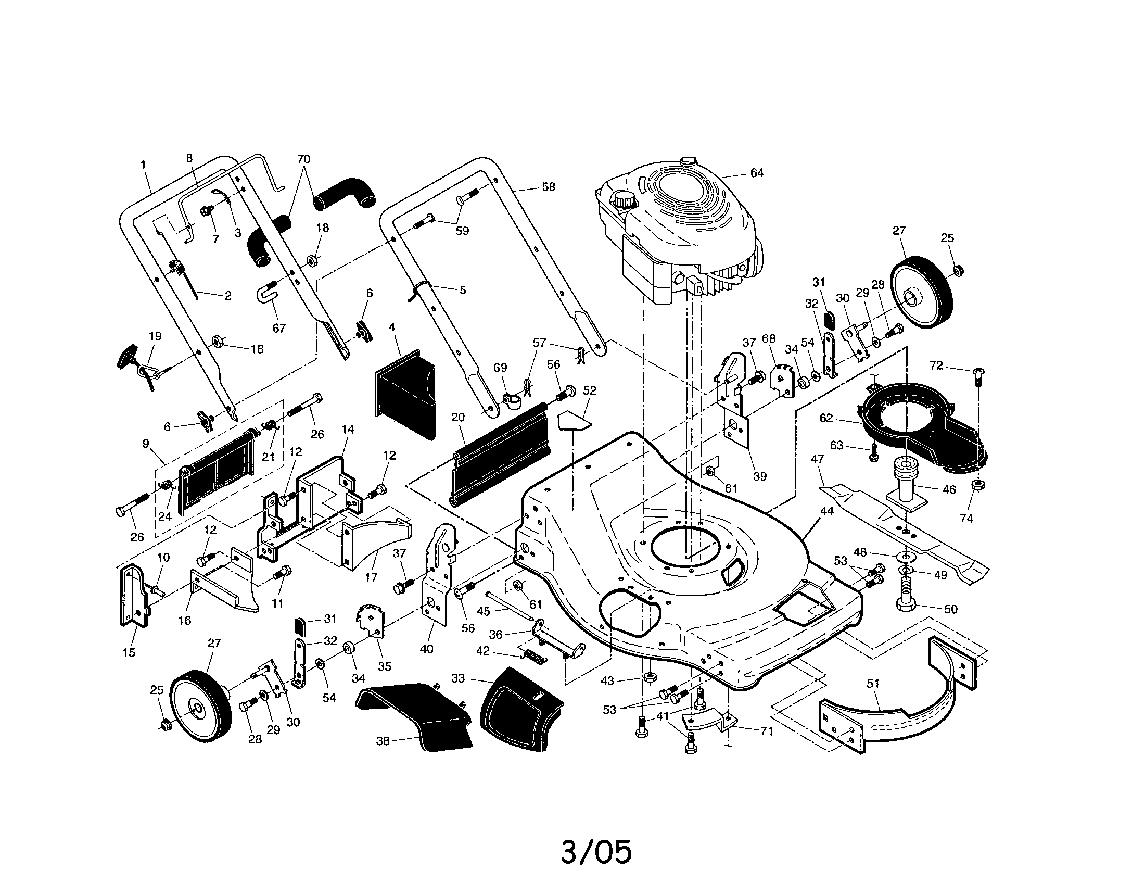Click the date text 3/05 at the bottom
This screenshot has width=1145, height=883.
(x=596, y=852)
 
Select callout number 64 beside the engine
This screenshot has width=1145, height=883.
(x=757, y=173)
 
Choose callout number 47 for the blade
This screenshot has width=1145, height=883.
(x=817, y=459)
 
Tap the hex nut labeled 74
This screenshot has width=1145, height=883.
(x=977, y=485)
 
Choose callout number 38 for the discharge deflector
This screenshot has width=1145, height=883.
(x=383, y=741)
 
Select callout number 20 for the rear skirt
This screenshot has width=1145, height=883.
(x=457, y=418)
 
